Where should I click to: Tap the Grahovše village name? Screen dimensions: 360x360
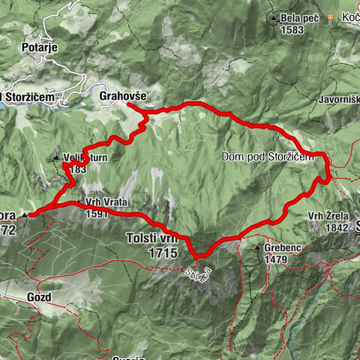121,96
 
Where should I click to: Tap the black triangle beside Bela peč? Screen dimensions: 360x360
276,18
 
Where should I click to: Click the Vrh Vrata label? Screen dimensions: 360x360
103,202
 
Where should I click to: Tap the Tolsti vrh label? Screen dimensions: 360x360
150,239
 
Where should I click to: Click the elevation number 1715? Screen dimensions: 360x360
162,253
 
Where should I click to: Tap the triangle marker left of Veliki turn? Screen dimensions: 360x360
56,157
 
